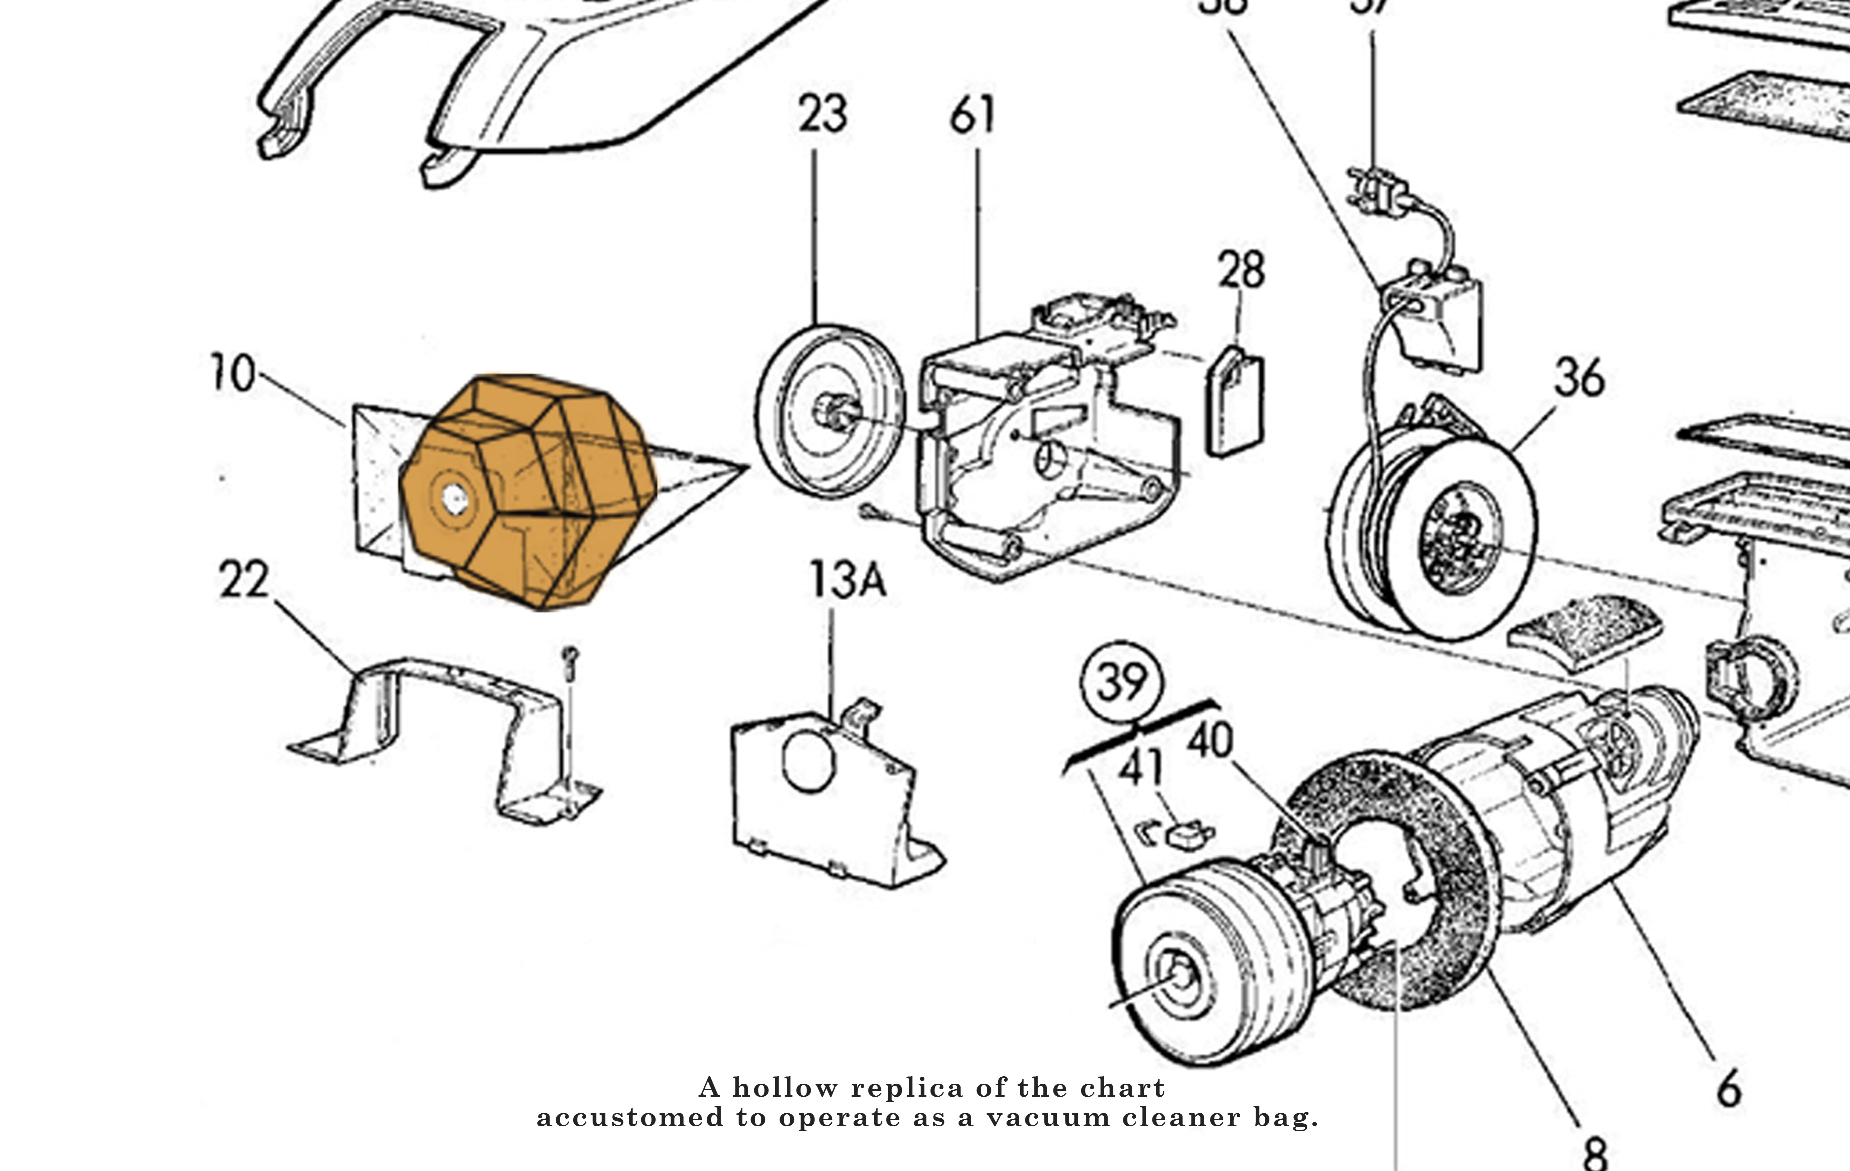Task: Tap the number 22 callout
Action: [244, 580]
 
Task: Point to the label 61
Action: [972, 115]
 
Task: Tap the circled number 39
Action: [1122, 681]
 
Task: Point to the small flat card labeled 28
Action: [1235, 403]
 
